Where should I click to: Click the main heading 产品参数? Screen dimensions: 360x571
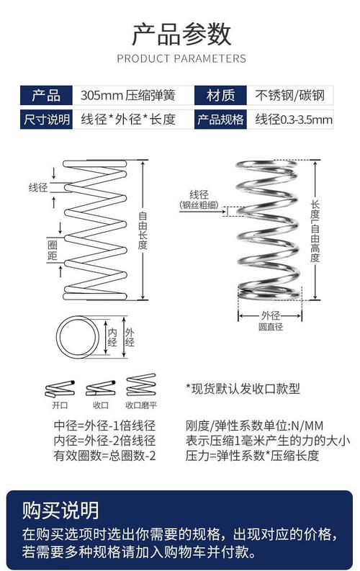click(181, 35)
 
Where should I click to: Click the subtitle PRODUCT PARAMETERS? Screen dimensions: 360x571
click(181, 58)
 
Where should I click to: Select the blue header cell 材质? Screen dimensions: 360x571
click(220, 96)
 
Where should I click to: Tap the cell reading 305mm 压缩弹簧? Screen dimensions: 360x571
click(127, 96)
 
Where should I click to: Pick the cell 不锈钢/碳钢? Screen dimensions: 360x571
click(289, 96)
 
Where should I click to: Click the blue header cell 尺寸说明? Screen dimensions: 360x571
click(46, 119)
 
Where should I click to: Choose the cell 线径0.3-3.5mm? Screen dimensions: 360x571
click(294, 120)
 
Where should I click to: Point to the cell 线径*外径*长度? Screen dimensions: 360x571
click(128, 120)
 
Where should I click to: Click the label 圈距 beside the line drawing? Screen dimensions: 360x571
click(53, 250)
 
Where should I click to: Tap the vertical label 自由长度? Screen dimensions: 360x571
click(143, 230)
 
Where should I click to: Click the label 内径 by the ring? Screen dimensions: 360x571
click(112, 337)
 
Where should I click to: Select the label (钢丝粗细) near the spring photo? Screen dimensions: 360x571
click(199, 205)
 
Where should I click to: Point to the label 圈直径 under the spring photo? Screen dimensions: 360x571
click(271, 327)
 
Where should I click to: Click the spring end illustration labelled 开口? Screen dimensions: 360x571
click(60, 389)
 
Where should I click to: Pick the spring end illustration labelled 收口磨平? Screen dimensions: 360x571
click(141, 385)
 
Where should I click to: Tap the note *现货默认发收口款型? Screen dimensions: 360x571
click(243, 389)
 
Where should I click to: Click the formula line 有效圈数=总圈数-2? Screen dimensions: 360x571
click(104, 456)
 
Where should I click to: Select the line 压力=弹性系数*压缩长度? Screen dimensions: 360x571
click(252, 456)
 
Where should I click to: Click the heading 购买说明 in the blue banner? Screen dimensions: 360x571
click(60, 511)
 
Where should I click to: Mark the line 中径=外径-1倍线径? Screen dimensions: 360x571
click(104, 426)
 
